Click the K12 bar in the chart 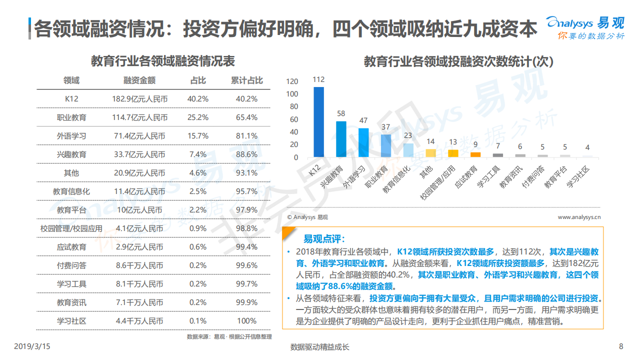click(x=318, y=122)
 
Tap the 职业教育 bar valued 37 click(x=386, y=145)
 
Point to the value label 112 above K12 click(x=318, y=79)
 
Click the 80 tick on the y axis click(x=292, y=107)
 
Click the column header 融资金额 click(x=139, y=80)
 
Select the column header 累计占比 click(x=246, y=80)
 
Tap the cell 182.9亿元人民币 click(x=139, y=99)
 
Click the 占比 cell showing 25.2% click(x=197, y=117)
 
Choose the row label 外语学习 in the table click(x=71, y=136)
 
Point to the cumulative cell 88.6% click(x=246, y=154)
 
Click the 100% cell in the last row click(x=246, y=321)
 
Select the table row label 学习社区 click(x=71, y=321)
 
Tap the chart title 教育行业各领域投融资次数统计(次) click(x=458, y=62)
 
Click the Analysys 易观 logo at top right click(x=585, y=27)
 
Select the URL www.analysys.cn click(x=579, y=217)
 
